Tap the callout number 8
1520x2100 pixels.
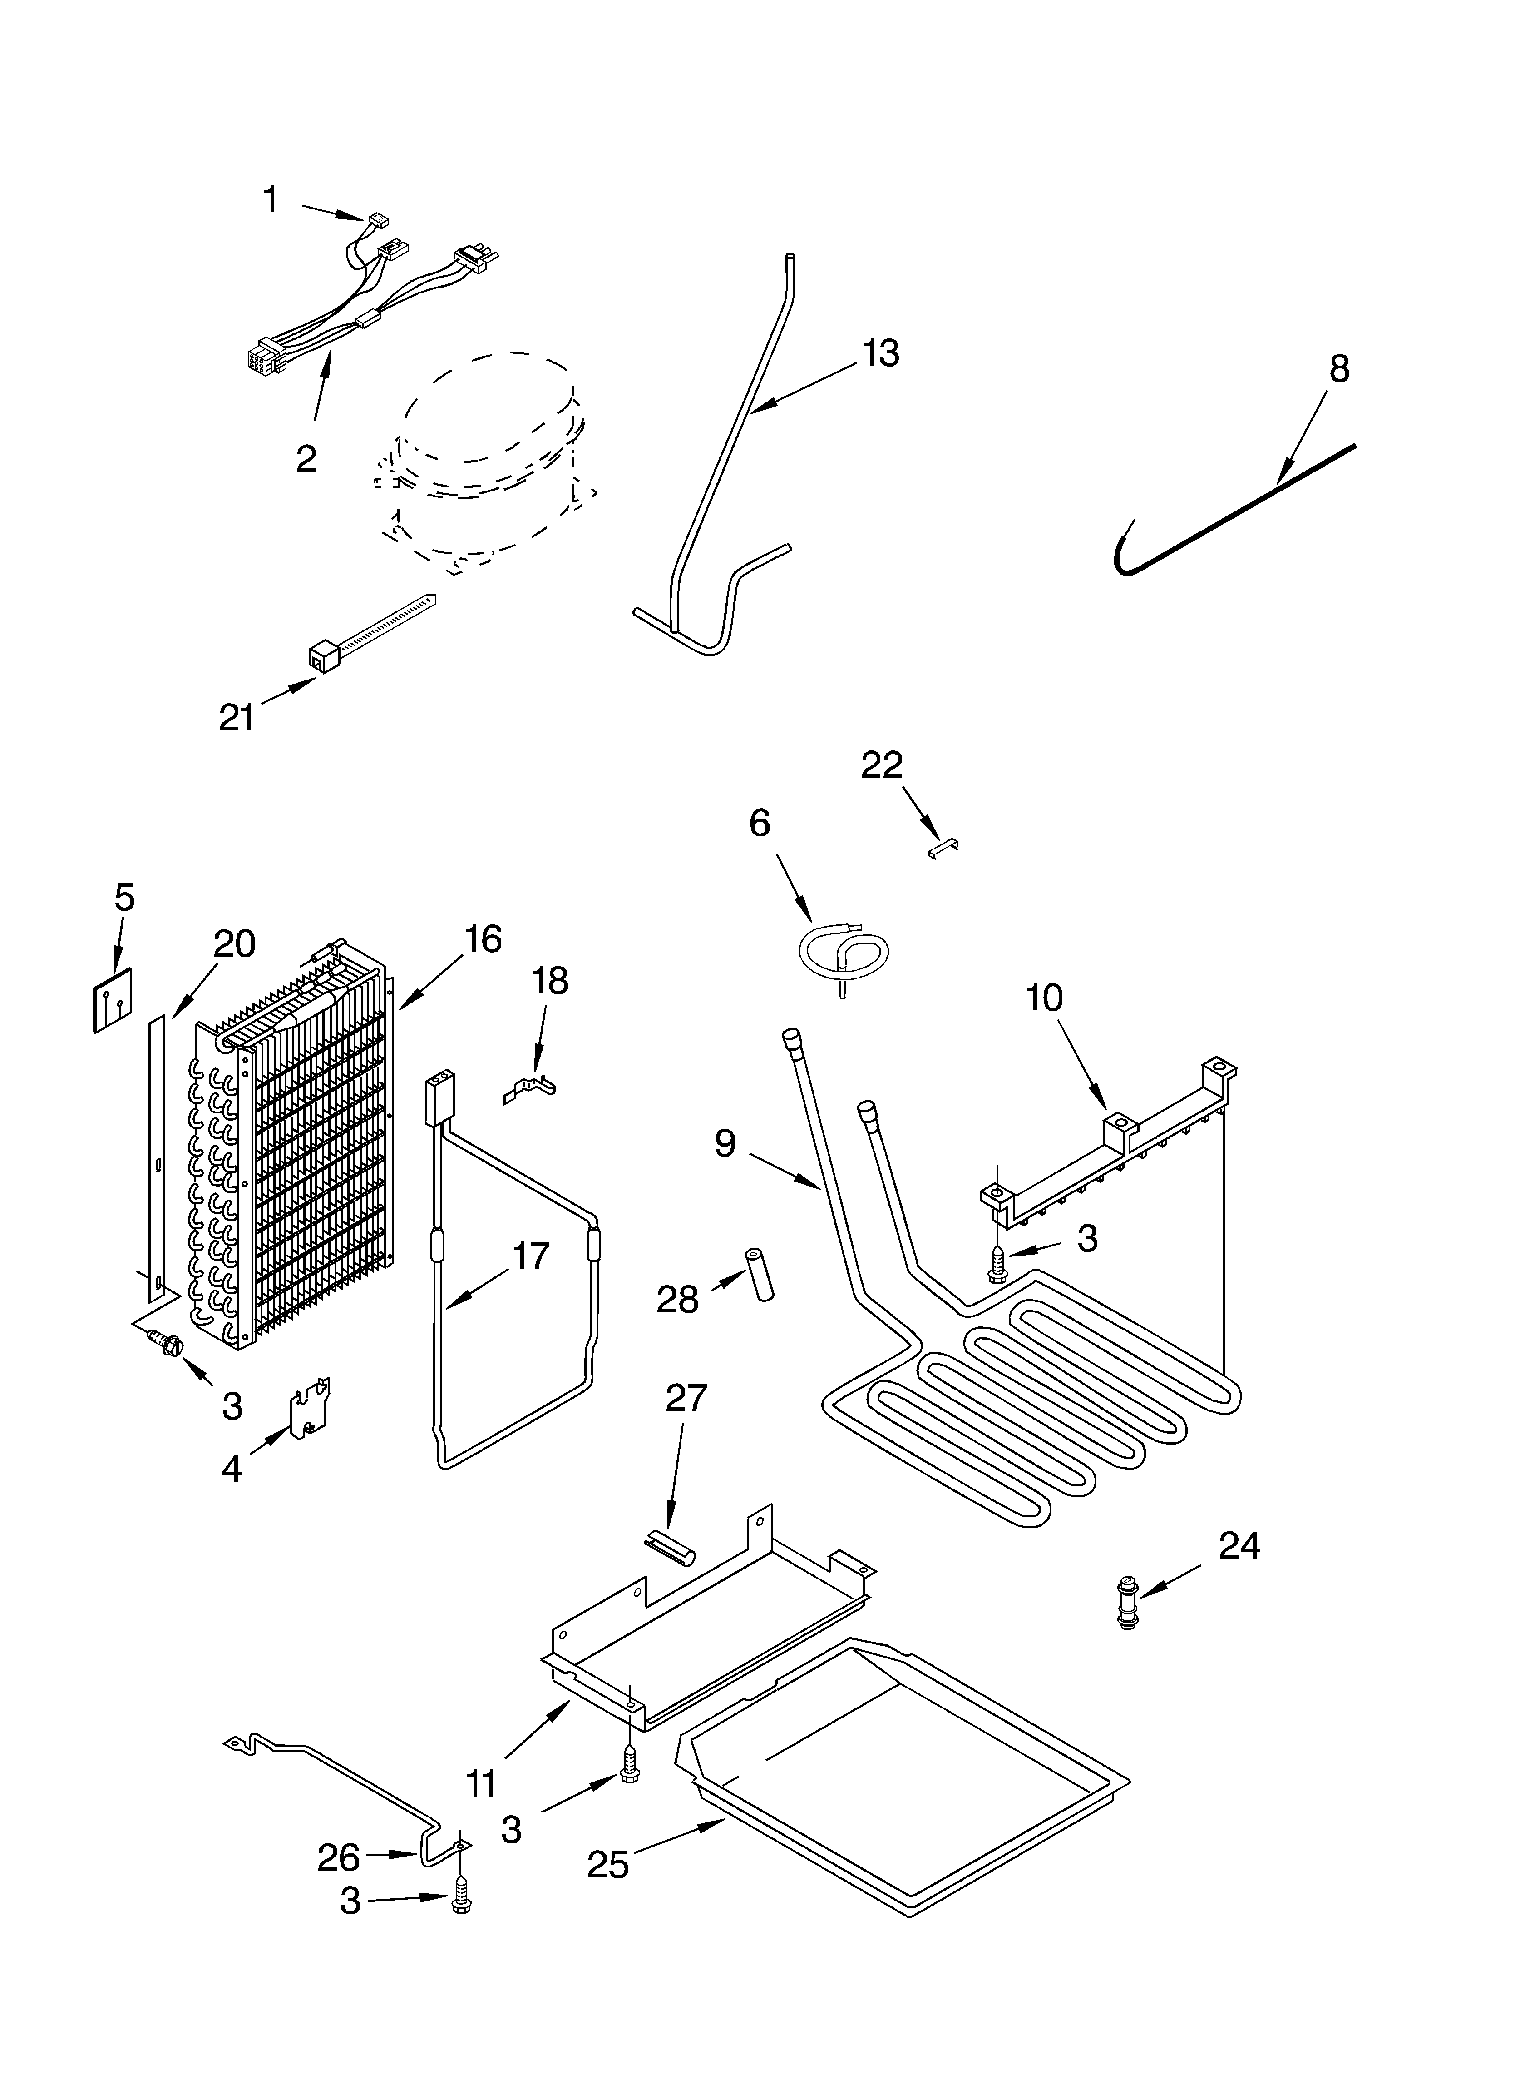1338,368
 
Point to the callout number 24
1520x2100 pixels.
1239,1545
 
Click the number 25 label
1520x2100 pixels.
608,1864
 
